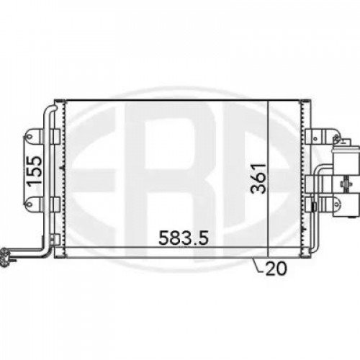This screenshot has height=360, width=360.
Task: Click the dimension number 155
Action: pos(33,171)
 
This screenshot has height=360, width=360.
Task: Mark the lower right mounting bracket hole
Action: pos(315,207)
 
